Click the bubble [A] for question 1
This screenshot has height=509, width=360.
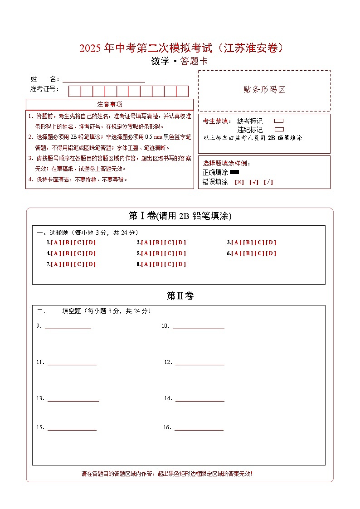pyautogui.click(x=55, y=242)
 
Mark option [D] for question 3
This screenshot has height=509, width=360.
pyautogui.click(x=271, y=242)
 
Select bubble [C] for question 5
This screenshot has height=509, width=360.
pyautogui.click(x=169, y=253)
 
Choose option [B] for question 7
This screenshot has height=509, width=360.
pyautogui.click(x=67, y=264)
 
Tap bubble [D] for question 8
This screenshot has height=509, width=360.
pyautogui.click(x=181, y=264)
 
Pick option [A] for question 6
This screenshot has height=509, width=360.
pyautogui.click(x=236, y=253)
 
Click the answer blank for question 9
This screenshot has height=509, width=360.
pyautogui.click(x=68, y=326)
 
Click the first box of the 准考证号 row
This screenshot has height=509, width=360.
pyautogui.click(x=74, y=91)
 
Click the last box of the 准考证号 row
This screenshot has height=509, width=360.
pyautogui.click(x=182, y=91)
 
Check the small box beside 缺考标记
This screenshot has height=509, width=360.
pyautogui.click(x=279, y=121)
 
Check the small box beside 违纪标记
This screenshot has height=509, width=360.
pyautogui.click(x=279, y=130)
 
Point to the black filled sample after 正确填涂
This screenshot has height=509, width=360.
pyautogui.click(x=234, y=172)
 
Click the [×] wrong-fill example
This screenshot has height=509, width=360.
pyautogui.click(x=239, y=182)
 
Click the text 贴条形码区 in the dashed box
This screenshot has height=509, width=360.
pyautogui.click(x=264, y=90)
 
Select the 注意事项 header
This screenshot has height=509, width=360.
pyautogui.click(x=110, y=105)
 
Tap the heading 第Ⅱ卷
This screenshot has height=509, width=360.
pyautogui.click(x=180, y=296)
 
